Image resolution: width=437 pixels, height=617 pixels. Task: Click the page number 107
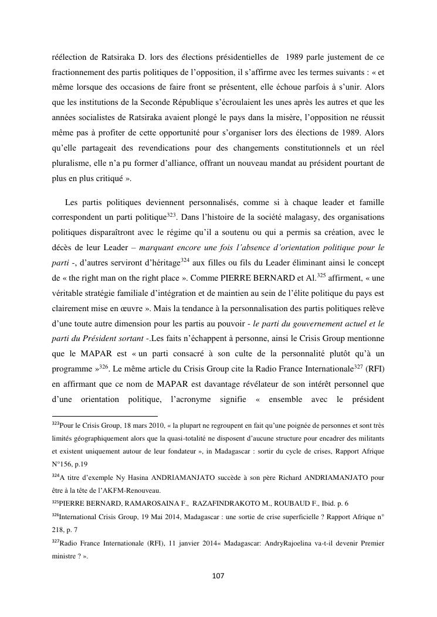(x=218, y=576)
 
